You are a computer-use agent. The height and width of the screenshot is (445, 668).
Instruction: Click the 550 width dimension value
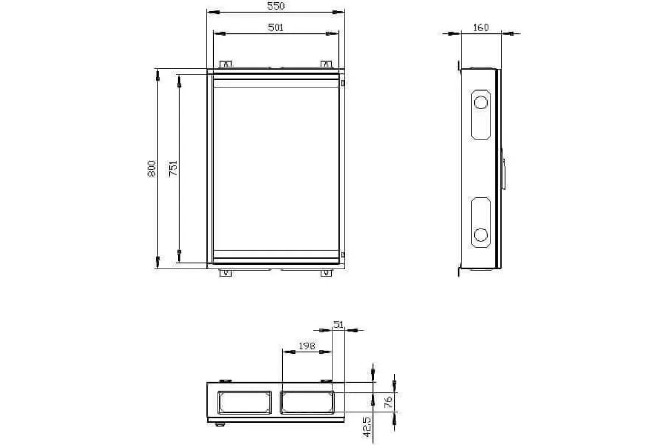click(276, 6)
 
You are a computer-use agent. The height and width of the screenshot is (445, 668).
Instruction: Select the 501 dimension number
click(276, 27)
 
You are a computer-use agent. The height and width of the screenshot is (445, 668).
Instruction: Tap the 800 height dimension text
click(152, 169)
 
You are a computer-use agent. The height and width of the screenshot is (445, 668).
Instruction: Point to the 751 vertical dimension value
click(173, 169)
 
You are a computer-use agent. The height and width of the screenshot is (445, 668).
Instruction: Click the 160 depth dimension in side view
click(481, 28)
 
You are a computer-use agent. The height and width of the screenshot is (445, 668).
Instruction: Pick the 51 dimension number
click(338, 324)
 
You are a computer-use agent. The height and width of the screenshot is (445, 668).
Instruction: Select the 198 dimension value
click(307, 346)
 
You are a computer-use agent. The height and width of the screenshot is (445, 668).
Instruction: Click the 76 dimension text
click(389, 402)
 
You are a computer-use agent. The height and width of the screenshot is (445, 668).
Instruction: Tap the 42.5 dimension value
click(367, 427)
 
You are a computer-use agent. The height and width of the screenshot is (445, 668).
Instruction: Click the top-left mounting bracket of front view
click(225, 64)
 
